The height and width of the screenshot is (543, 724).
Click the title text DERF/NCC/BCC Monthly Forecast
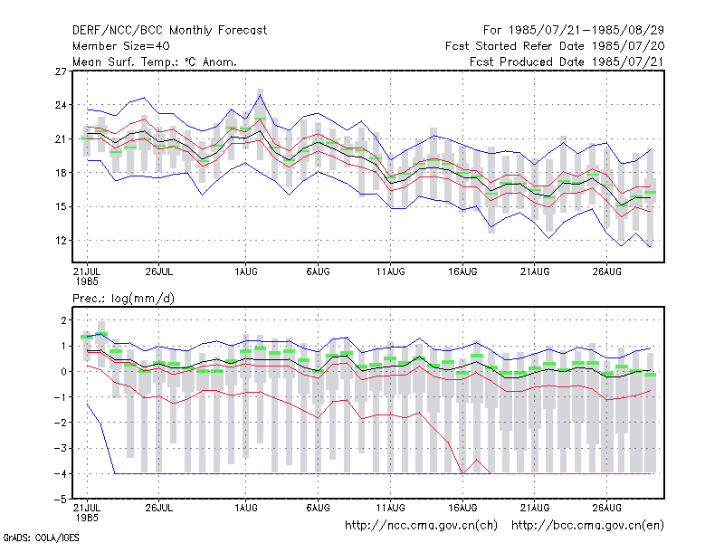click(x=169, y=31)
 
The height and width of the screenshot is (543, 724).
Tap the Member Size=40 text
click(x=121, y=46)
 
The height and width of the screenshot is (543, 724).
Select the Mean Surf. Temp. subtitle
click(x=155, y=62)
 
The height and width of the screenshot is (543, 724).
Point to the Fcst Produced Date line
click(x=567, y=62)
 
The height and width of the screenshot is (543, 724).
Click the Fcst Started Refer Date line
click(x=555, y=46)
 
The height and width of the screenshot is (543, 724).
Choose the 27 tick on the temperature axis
click(x=61, y=71)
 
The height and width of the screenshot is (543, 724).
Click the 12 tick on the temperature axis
click(x=61, y=241)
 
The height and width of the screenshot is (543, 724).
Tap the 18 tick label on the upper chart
click(x=61, y=173)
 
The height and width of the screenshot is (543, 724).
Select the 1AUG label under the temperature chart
click(x=245, y=272)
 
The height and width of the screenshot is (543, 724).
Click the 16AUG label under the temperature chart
click(x=462, y=272)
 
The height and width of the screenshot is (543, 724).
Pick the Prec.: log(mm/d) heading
click(x=123, y=299)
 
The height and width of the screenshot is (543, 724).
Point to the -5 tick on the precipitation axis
click(x=61, y=500)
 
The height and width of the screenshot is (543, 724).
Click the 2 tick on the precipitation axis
click(x=63, y=320)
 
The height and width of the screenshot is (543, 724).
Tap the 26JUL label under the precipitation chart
click(x=159, y=508)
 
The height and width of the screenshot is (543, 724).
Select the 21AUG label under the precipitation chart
click(x=535, y=508)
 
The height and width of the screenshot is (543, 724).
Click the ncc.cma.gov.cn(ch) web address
click(x=421, y=526)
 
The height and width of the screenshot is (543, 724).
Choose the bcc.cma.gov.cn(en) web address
click(x=587, y=526)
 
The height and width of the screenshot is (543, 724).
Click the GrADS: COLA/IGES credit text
click(x=41, y=538)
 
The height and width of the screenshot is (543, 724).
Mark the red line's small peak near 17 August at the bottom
click(x=477, y=460)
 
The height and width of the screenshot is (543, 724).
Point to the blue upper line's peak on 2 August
click(x=261, y=95)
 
